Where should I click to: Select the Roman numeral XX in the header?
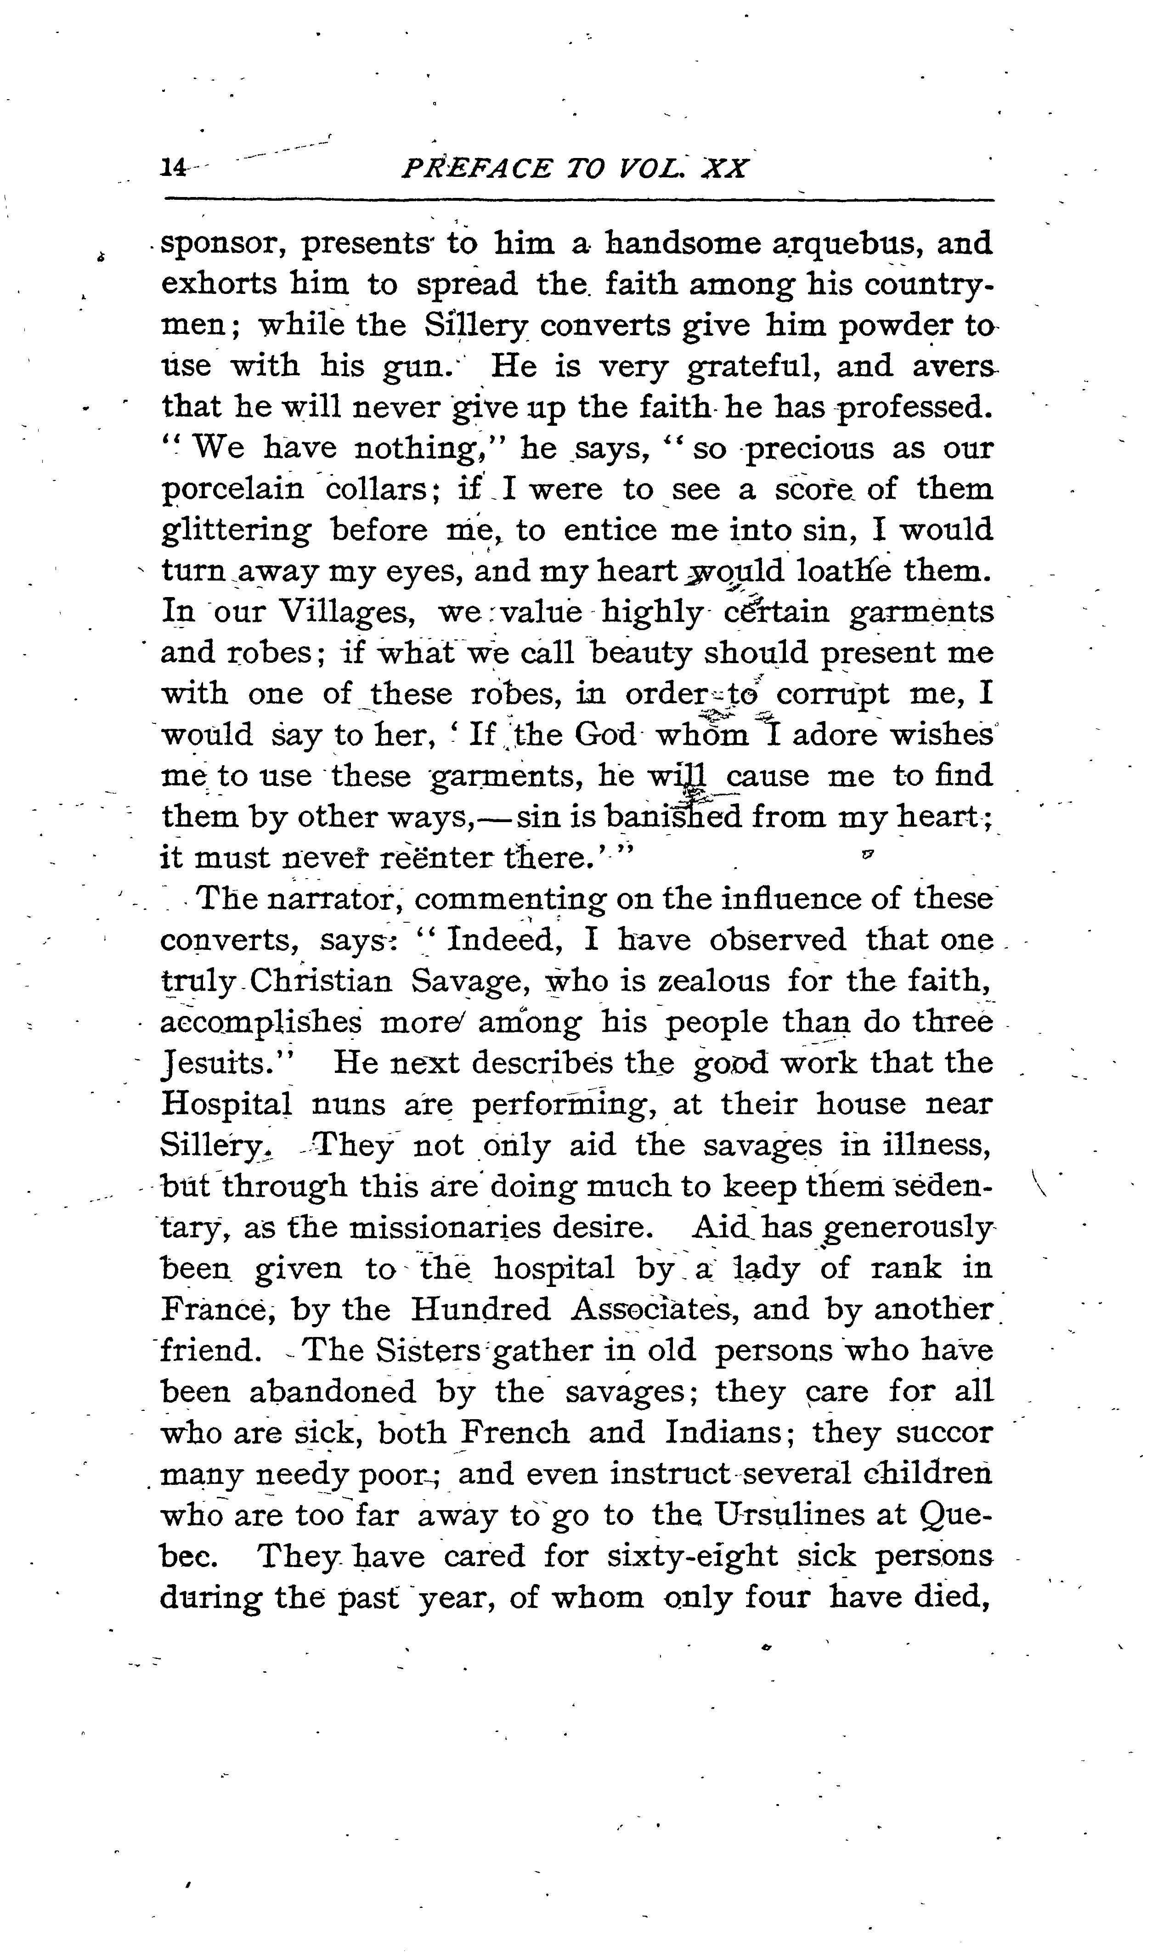(x=723, y=169)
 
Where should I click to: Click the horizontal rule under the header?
(x=579, y=200)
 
